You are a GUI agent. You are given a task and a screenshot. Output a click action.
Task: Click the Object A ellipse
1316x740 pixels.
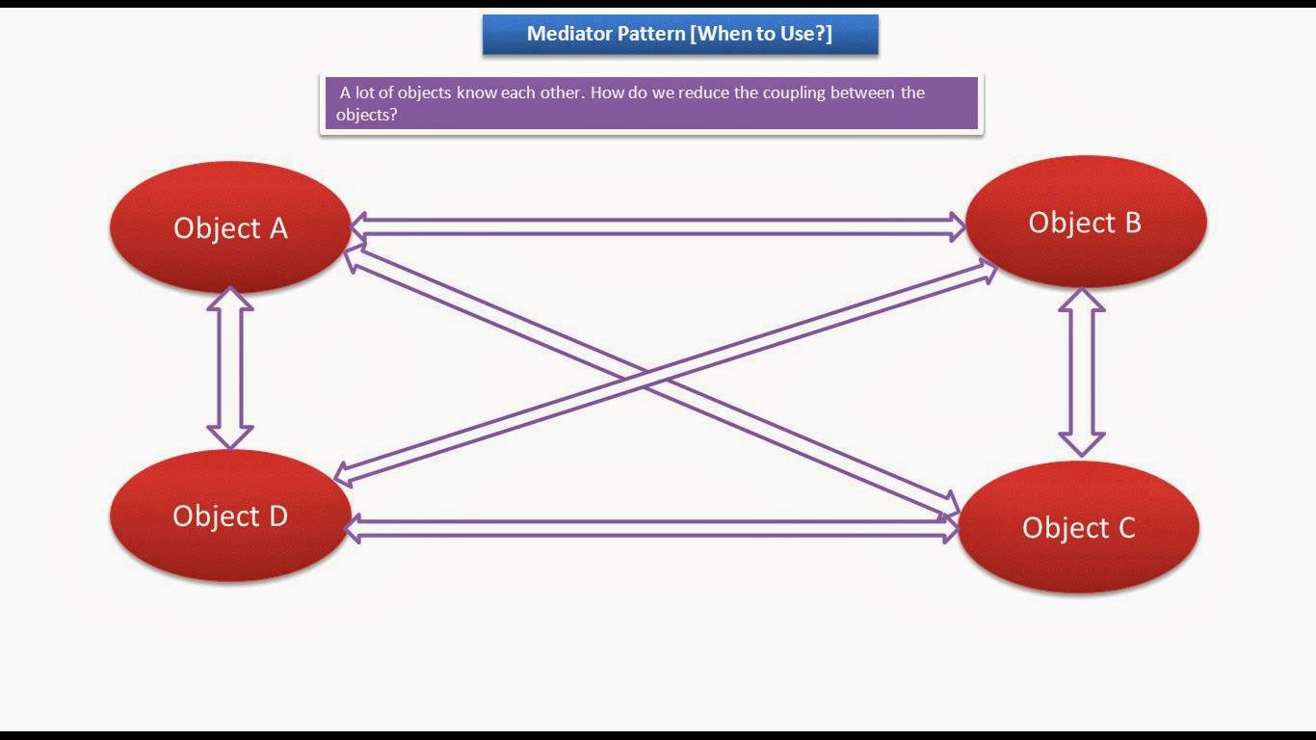(230, 226)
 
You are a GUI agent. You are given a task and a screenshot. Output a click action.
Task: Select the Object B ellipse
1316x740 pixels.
(1086, 222)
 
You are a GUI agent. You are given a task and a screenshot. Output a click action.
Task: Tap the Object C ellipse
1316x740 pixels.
(1079, 527)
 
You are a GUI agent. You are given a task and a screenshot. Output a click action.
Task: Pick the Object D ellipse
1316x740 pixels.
(230, 515)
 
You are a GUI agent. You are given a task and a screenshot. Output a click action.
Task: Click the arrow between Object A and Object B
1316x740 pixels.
(658, 226)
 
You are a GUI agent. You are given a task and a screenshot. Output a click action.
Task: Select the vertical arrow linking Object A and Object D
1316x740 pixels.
(230, 368)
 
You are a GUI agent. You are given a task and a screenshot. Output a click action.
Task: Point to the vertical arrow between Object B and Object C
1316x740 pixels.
(1082, 372)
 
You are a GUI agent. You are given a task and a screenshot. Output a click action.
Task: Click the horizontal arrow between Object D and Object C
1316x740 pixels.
(651, 528)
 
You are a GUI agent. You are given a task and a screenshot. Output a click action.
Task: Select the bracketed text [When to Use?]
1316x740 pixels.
(761, 34)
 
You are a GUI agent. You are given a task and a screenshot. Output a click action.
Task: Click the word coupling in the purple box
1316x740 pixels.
(794, 93)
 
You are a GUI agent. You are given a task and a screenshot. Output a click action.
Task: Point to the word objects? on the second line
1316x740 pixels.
(367, 116)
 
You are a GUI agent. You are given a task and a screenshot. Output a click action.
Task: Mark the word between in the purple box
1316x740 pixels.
(862, 92)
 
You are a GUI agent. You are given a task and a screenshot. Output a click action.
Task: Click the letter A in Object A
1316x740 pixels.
(278, 228)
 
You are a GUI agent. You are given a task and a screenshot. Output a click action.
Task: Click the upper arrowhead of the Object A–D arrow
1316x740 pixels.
(230, 299)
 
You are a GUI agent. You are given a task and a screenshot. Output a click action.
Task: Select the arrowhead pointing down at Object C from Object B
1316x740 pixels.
(1082, 445)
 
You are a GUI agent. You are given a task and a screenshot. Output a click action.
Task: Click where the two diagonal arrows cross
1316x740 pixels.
(645, 379)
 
